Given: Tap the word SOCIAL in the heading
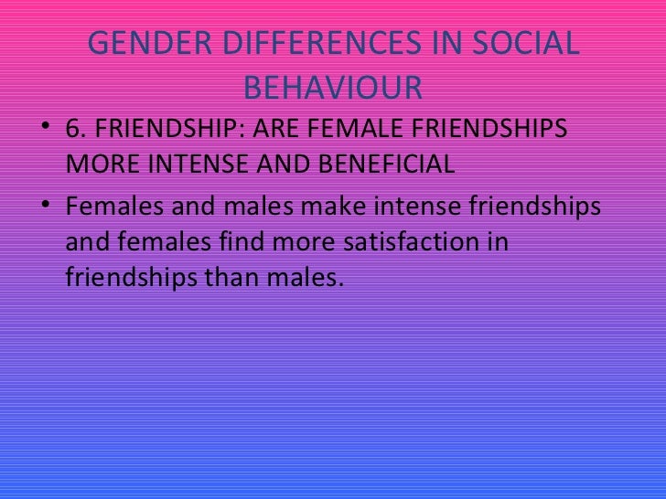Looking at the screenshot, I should [525, 45].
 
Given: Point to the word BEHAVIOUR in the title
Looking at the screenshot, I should [334, 88].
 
